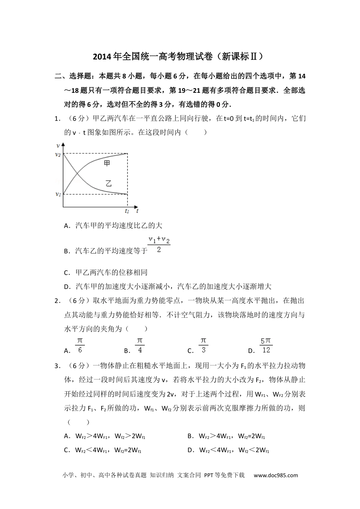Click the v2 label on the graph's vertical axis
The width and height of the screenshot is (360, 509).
(58, 154)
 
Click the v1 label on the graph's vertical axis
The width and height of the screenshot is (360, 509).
(58, 194)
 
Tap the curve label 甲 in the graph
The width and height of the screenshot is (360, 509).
(108, 164)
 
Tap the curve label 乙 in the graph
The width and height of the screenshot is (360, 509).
(109, 184)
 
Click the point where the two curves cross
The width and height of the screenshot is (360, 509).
(77, 174)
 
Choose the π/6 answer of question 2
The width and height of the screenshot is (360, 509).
(80, 345)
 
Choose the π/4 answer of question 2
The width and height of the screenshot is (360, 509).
(140, 345)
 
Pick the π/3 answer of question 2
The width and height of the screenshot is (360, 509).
(203, 345)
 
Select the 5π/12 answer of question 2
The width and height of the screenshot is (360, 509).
(266, 345)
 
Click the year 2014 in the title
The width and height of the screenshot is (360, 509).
(100, 57)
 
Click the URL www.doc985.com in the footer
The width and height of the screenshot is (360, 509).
(276, 475)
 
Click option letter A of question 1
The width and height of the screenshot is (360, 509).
(67, 226)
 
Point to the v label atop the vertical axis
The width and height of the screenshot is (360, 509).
(58, 145)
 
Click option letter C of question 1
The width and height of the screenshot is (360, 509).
(67, 273)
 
